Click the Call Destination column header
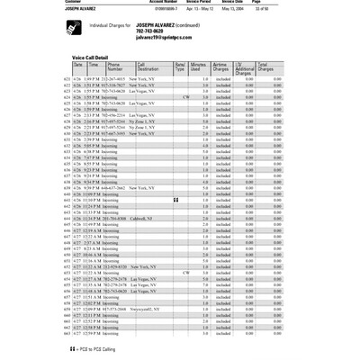click(x=148, y=67)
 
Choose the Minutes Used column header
click(x=200, y=67)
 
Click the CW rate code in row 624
click(x=184, y=96)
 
